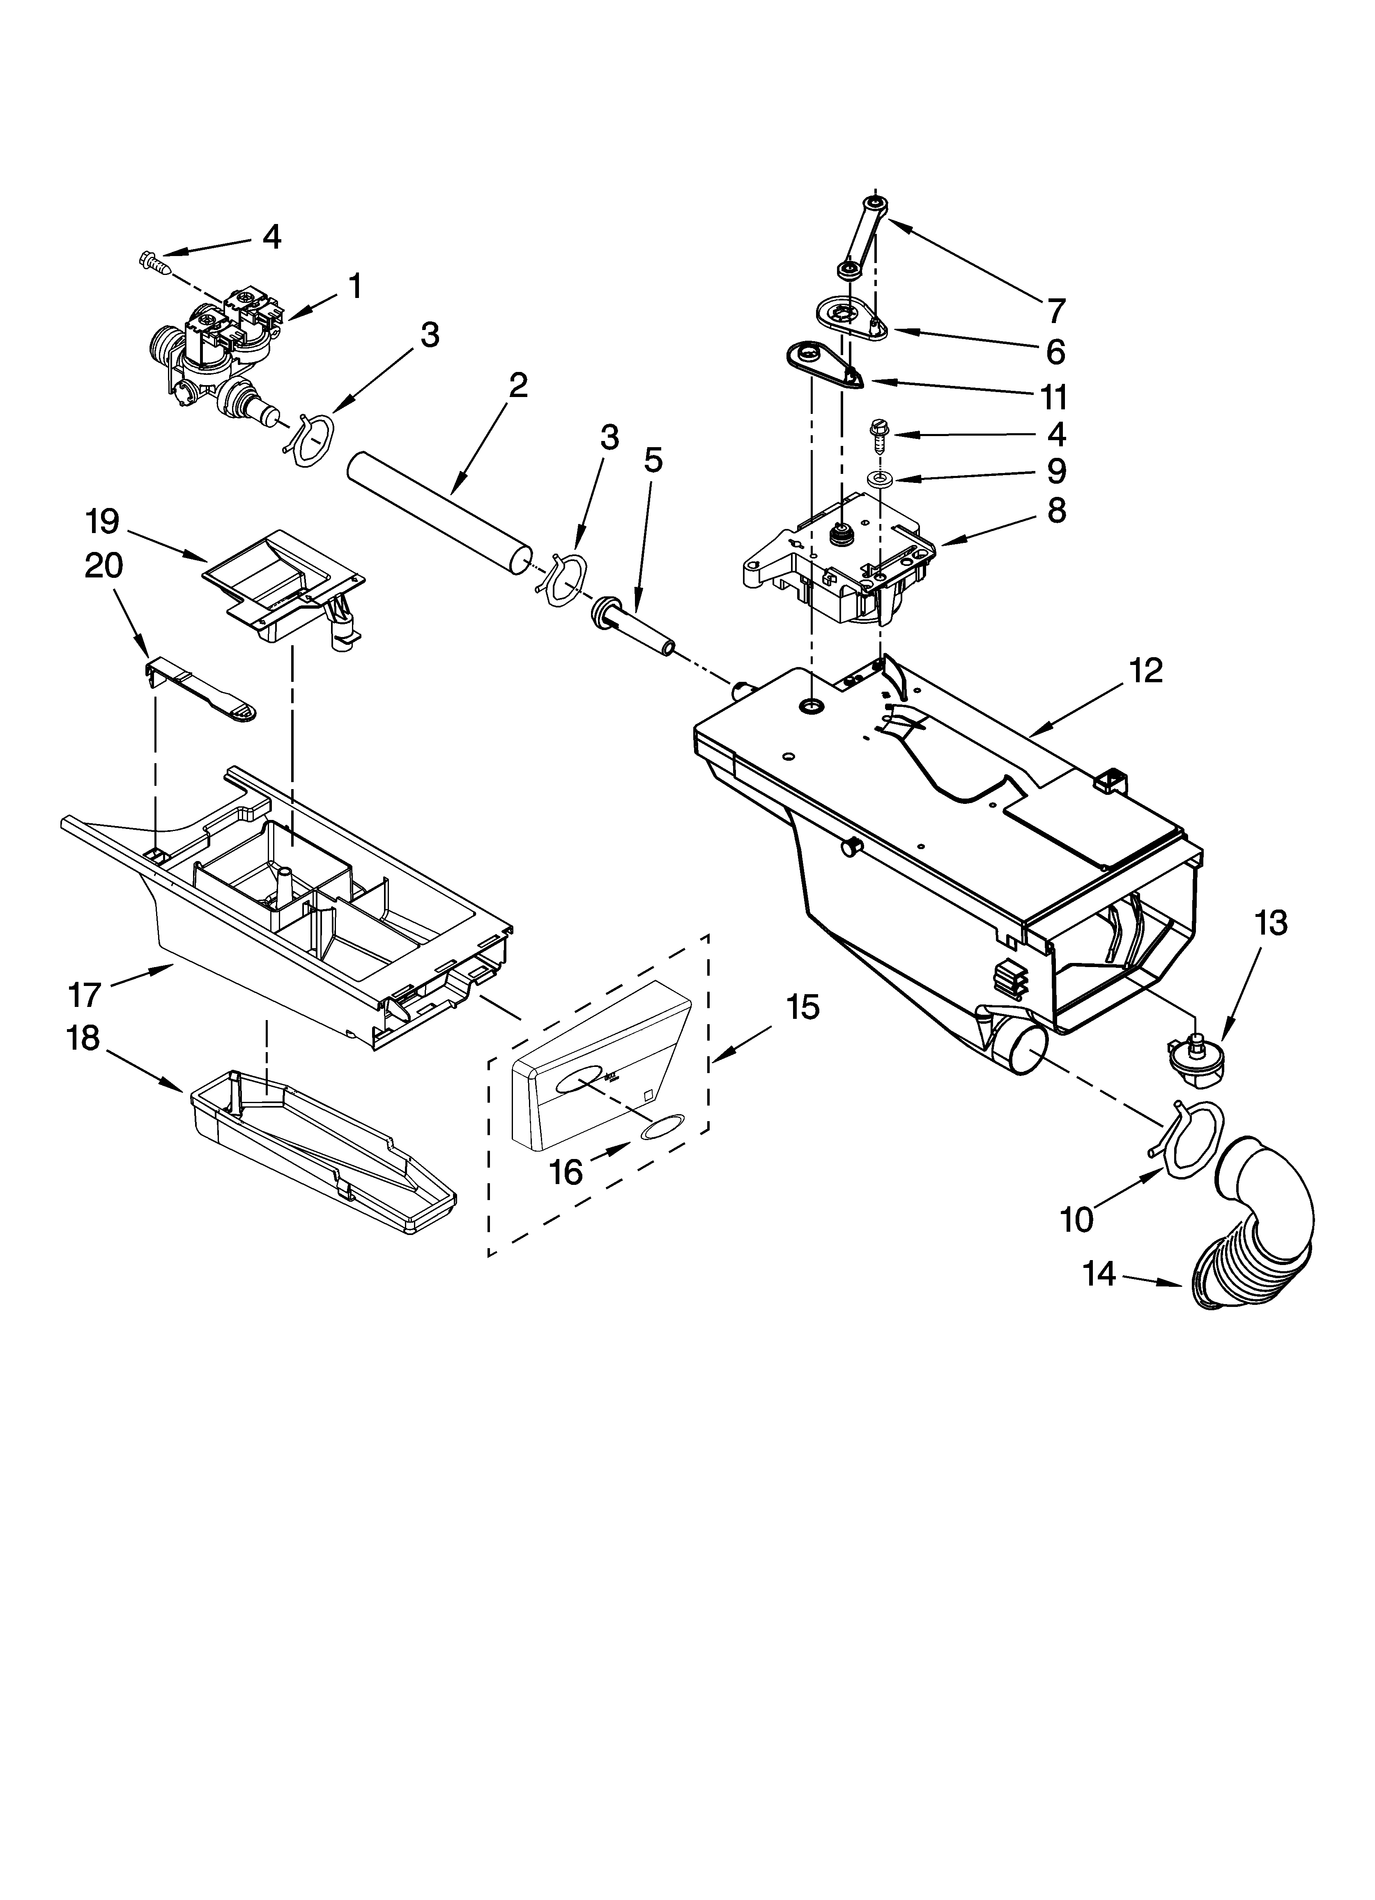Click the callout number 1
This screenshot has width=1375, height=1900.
pos(356,287)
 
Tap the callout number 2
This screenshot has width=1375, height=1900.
pos(518,386)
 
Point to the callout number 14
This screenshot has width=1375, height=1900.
pos(1099,1274)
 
